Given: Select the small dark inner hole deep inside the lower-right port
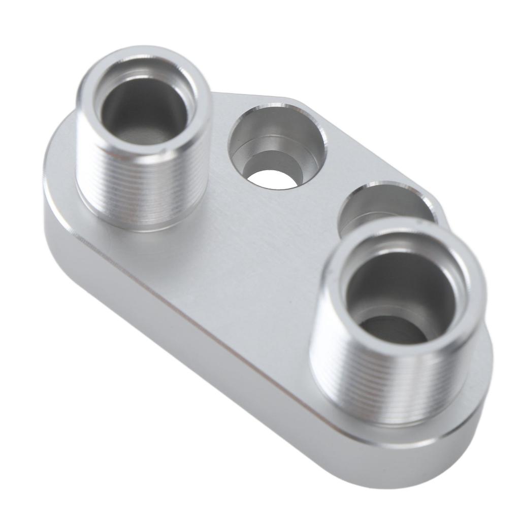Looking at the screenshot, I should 394,330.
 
